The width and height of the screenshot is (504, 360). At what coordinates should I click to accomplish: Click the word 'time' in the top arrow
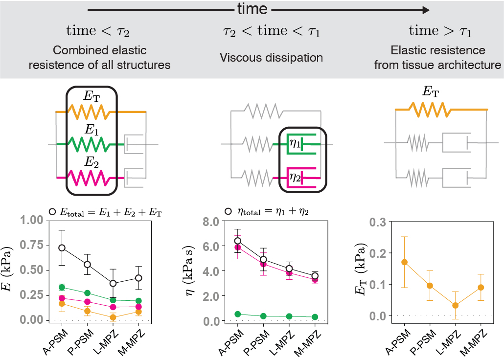(252, 9)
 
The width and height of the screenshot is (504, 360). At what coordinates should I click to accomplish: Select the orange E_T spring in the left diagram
(91, 112)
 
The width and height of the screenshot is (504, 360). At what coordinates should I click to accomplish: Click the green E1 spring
(91, 144)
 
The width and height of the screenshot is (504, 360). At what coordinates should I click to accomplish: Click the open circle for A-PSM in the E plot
(62, 247)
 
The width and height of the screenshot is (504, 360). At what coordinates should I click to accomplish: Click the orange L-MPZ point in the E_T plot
(456, 305)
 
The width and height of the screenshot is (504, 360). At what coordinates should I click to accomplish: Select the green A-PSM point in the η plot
(238, 314)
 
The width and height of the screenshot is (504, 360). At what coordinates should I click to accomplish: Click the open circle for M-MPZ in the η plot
(315, 276)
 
